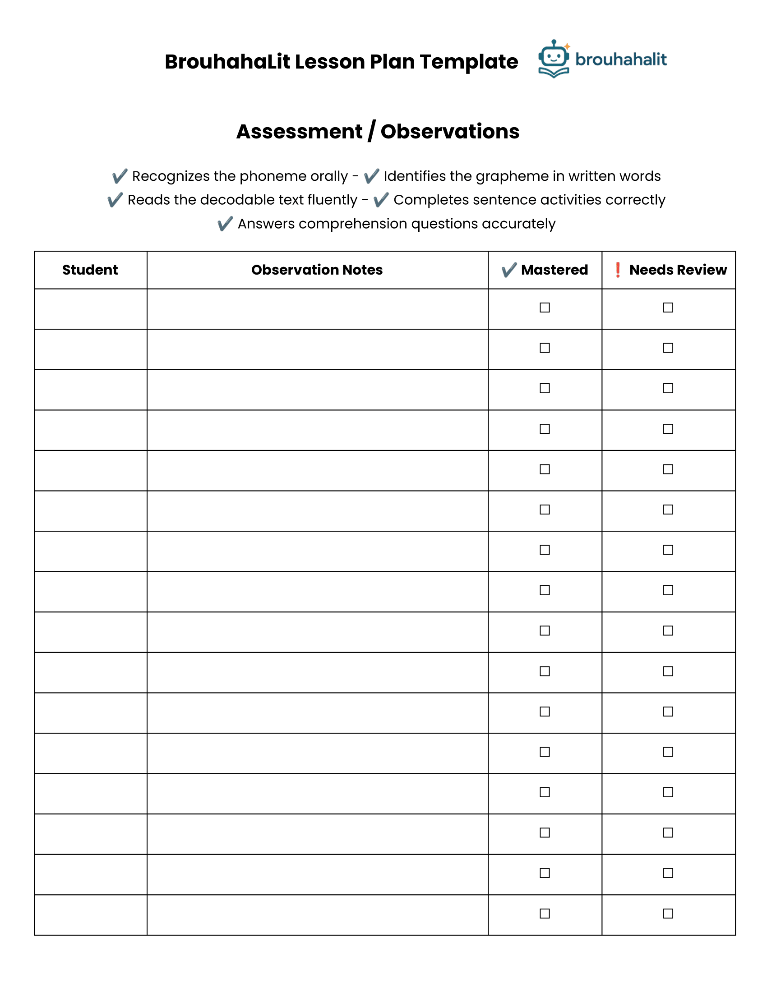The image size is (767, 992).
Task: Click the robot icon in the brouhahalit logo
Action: click(554, 58)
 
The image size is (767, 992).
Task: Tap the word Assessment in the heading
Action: click(300, 132)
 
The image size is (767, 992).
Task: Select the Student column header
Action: click(90, 270)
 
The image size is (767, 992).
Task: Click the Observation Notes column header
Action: click(317, 270)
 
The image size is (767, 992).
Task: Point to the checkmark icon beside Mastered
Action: click(509, 270)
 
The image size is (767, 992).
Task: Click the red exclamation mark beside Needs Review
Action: click(618, 270)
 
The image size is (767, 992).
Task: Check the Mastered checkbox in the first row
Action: click(545, 308)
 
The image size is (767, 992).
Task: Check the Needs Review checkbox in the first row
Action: click(668, 308)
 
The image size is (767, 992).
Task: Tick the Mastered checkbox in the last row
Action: click(545, 914)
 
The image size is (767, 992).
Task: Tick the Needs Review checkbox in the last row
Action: click(668, 914)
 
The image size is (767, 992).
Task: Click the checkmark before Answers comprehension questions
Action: click(225, 224)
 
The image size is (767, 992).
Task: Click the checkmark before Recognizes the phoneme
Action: click(120, 176)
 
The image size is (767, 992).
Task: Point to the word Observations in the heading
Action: click(450, 132)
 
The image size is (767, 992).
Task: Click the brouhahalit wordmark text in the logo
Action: click(621, 60)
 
